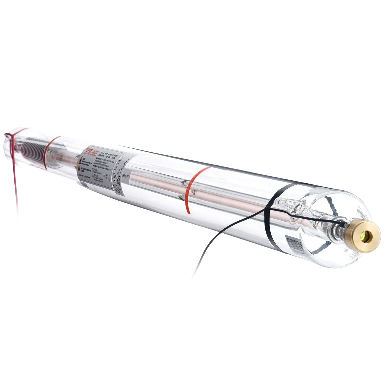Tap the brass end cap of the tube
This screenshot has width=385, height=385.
tap(362, 236)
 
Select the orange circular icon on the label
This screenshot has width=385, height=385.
tap(79, 168)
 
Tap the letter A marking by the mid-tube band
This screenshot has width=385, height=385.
tap(193, 192)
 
